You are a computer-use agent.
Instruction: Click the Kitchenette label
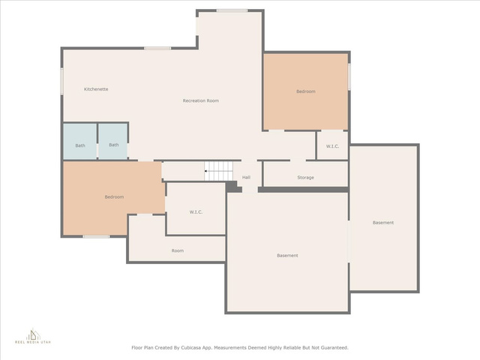point(96,89)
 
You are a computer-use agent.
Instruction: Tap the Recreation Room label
point(201,100)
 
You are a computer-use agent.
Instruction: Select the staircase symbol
point(218,171)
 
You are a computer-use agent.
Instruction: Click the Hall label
point(247,177)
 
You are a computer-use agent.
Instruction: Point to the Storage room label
point(305,178)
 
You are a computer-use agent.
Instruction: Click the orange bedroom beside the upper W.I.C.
point(306,91)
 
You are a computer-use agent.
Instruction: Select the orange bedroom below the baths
point(114,197)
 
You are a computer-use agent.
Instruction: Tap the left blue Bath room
point(80,141)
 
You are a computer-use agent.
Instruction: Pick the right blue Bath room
point(112,141)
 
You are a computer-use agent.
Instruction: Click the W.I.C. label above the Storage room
point(332,146)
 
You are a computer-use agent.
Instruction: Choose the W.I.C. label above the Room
point(196,212)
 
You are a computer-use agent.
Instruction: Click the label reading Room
point(178,250)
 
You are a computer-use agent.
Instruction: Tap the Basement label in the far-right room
point(383,223)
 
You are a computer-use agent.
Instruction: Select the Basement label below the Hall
point(287,255)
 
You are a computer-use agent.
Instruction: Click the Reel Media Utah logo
point(33,336)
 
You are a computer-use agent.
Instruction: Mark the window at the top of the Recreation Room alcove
point(232,11)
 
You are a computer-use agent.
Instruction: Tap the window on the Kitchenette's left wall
point(61,81)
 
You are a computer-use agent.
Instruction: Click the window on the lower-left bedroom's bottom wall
point(96,236)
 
